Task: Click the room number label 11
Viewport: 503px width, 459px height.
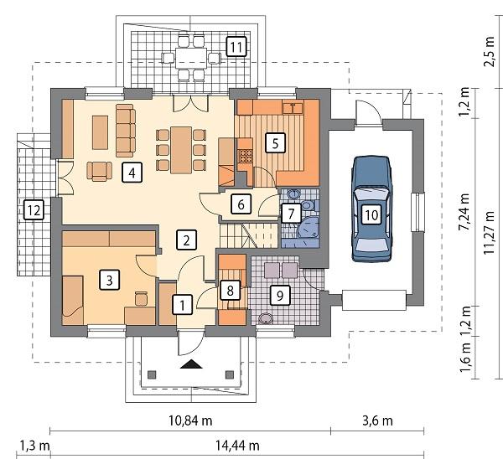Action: (x=237, y=46)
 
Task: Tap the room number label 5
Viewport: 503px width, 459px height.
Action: (x=272, y=143)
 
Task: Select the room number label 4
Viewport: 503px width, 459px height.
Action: (x=130, y=173)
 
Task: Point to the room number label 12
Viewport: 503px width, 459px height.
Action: (x=33, y=210)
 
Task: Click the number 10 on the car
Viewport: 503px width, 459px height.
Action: (x=371, y=214)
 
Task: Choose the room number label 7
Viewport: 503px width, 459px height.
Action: (x=289, y=213)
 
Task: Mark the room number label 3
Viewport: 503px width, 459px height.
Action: (x=108, y=279)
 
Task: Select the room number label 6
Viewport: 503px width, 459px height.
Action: (x=240, y=203)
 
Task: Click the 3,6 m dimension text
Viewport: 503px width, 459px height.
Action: (x=376, y=419)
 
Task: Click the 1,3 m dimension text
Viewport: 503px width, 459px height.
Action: (x=34, y=445)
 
